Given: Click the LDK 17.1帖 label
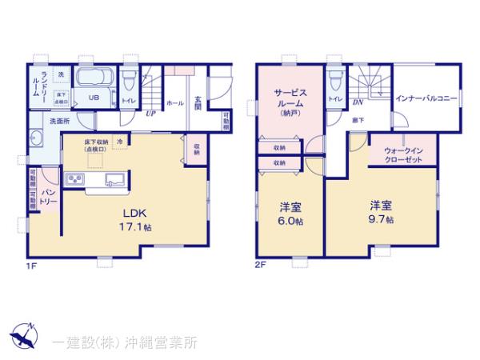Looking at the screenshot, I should (132, 220).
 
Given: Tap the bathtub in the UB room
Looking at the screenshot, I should (98, 82).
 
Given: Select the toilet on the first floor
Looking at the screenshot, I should (129, 81).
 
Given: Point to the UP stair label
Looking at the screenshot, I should (150, 113).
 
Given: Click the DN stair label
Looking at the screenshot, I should (358, 103).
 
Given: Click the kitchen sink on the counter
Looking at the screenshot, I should (111, 178).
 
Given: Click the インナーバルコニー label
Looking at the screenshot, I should (426, 99).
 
